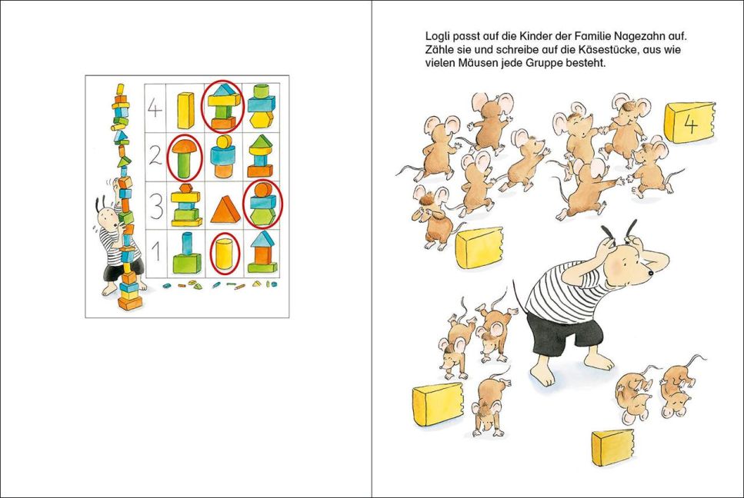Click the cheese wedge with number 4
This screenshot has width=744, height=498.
click(x=689, y=122)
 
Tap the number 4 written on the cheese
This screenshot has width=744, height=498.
click(x=690, y=124)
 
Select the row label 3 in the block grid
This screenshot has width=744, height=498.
click(x=155, y=206)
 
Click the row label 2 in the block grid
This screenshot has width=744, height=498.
click(x=155, y=155)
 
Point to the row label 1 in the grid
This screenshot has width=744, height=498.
click(x=156, y=253)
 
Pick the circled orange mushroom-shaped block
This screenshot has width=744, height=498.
click(x=185, y=158)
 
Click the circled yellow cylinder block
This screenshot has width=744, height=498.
click(x=224, y=254)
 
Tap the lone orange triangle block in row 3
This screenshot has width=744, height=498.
click(x=225, y=210)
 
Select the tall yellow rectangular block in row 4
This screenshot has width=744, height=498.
click(x=185, y=111)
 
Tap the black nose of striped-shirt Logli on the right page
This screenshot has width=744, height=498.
click(x=652, y=273)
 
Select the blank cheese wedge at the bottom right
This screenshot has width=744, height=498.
click(x=613, y=447)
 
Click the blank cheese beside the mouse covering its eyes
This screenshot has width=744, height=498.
click(x=479, y=247)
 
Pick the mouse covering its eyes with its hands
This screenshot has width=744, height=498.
click(x=432, y=217)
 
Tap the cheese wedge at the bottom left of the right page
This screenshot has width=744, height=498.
click(x=438, y=404)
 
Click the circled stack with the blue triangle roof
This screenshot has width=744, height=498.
click(x=222, y=106)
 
